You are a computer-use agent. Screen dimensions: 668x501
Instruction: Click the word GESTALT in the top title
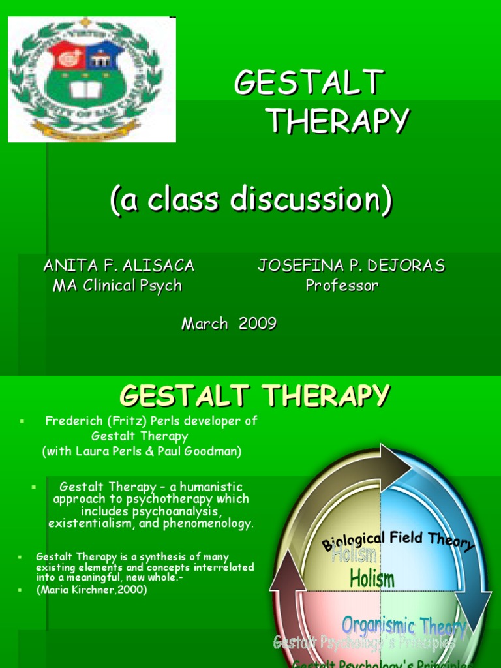[309, 83]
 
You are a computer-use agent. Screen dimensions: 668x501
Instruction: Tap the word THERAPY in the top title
[337, 121]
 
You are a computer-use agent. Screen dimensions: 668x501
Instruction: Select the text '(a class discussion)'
[251, 200]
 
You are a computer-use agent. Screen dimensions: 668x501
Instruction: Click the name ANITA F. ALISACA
[118, 266]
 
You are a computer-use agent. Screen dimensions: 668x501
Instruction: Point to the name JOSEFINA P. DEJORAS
[351, 266]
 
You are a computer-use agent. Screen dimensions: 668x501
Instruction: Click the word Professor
[342, 286]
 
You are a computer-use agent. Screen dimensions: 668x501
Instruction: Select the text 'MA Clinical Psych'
[117, 286]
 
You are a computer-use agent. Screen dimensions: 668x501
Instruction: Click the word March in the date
[205, 324]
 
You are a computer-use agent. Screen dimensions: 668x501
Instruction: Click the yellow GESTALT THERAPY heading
[255, 395]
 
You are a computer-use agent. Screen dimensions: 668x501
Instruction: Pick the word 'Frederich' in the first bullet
[70, 421]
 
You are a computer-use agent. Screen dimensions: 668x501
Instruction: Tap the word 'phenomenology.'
[211, 523]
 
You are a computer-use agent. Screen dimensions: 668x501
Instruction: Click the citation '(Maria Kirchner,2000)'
[91, 589]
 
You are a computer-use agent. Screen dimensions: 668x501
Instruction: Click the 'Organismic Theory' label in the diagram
[404, 627]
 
